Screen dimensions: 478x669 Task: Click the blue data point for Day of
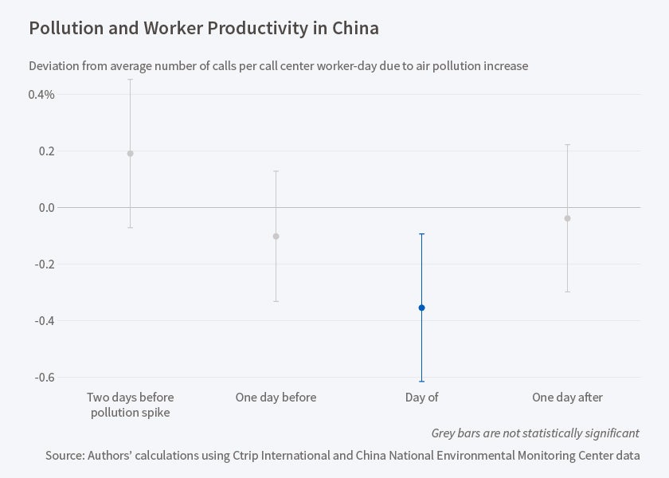tap(421, 308)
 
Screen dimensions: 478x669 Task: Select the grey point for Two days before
tap(131, 154)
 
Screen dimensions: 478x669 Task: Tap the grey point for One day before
tap(276, 236)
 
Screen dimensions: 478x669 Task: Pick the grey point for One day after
tap(567, 218)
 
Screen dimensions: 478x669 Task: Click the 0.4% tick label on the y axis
tap(41, 95)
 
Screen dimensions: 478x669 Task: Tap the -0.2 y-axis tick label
tap(43, 264)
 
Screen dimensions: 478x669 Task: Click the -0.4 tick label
tap(43, 321)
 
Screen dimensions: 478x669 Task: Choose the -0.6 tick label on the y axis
tap(43, 378)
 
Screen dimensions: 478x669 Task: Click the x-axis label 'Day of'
tap(421, 398)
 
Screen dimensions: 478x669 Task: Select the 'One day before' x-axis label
tap(276, 398)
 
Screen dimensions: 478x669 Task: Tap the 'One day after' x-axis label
tap(567, 398)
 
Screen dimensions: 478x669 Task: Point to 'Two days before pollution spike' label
tap(131, 405)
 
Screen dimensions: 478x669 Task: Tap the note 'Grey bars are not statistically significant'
tap(534, 433)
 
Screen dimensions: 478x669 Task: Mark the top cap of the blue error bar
tap(421, 234)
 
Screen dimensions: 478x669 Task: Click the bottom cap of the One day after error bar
tap(567, 292)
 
